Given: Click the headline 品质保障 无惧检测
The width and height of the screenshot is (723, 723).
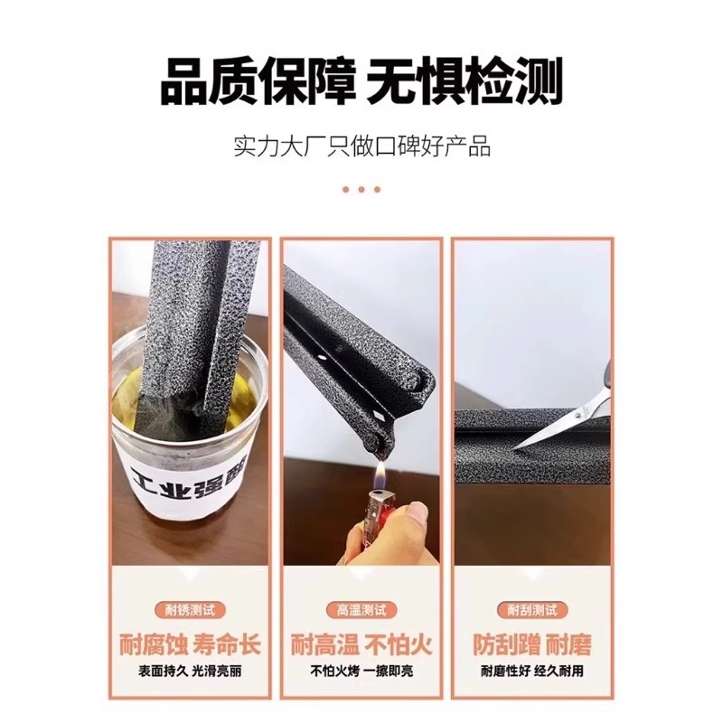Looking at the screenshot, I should [x=361, y=80].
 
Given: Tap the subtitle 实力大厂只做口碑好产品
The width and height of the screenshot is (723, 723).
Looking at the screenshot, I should [x=361, y=146].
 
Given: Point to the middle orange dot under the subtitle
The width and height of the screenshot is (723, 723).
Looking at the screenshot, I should [x=361, y=189].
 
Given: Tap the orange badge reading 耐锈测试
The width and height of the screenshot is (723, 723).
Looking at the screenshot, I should [x=189, y=611].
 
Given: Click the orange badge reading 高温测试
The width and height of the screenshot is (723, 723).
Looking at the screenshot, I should [x=361, y=611].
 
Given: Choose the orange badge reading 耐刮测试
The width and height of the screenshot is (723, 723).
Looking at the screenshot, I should [x=533, y=611].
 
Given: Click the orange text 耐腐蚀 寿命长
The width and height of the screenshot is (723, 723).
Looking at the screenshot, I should [x=189, y=644].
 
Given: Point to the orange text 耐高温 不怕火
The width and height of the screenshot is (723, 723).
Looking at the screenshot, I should [x=361, y=644].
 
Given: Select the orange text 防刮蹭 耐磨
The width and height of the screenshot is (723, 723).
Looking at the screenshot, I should [x=533, y=644].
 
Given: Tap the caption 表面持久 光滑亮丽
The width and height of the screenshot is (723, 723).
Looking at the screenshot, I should [x=189, y=672].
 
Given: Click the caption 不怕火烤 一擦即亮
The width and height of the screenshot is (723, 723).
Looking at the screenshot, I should [x=361, y=672].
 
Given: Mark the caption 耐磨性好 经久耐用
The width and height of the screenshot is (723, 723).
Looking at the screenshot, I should [x=533, y=672].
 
